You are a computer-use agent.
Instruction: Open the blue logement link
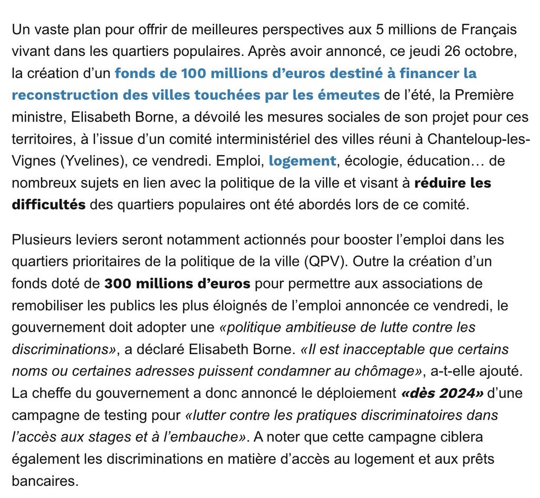[302, 160]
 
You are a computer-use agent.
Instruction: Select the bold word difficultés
[49, 204]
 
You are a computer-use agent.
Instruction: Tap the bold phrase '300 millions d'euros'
[177, 283]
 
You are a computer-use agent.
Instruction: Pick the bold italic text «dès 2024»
[435, 393]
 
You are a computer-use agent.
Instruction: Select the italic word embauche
[211, 437]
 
